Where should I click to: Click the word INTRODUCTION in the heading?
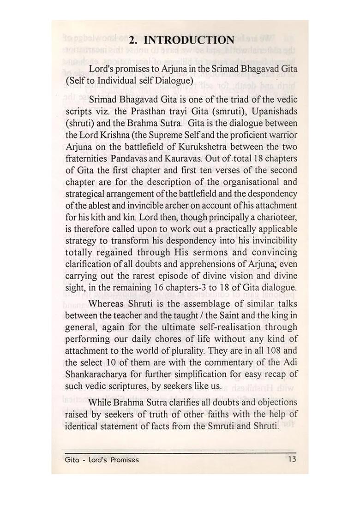(189, 40)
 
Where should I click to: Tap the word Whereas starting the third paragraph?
(107, 304)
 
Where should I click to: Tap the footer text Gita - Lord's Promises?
(102, 460)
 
